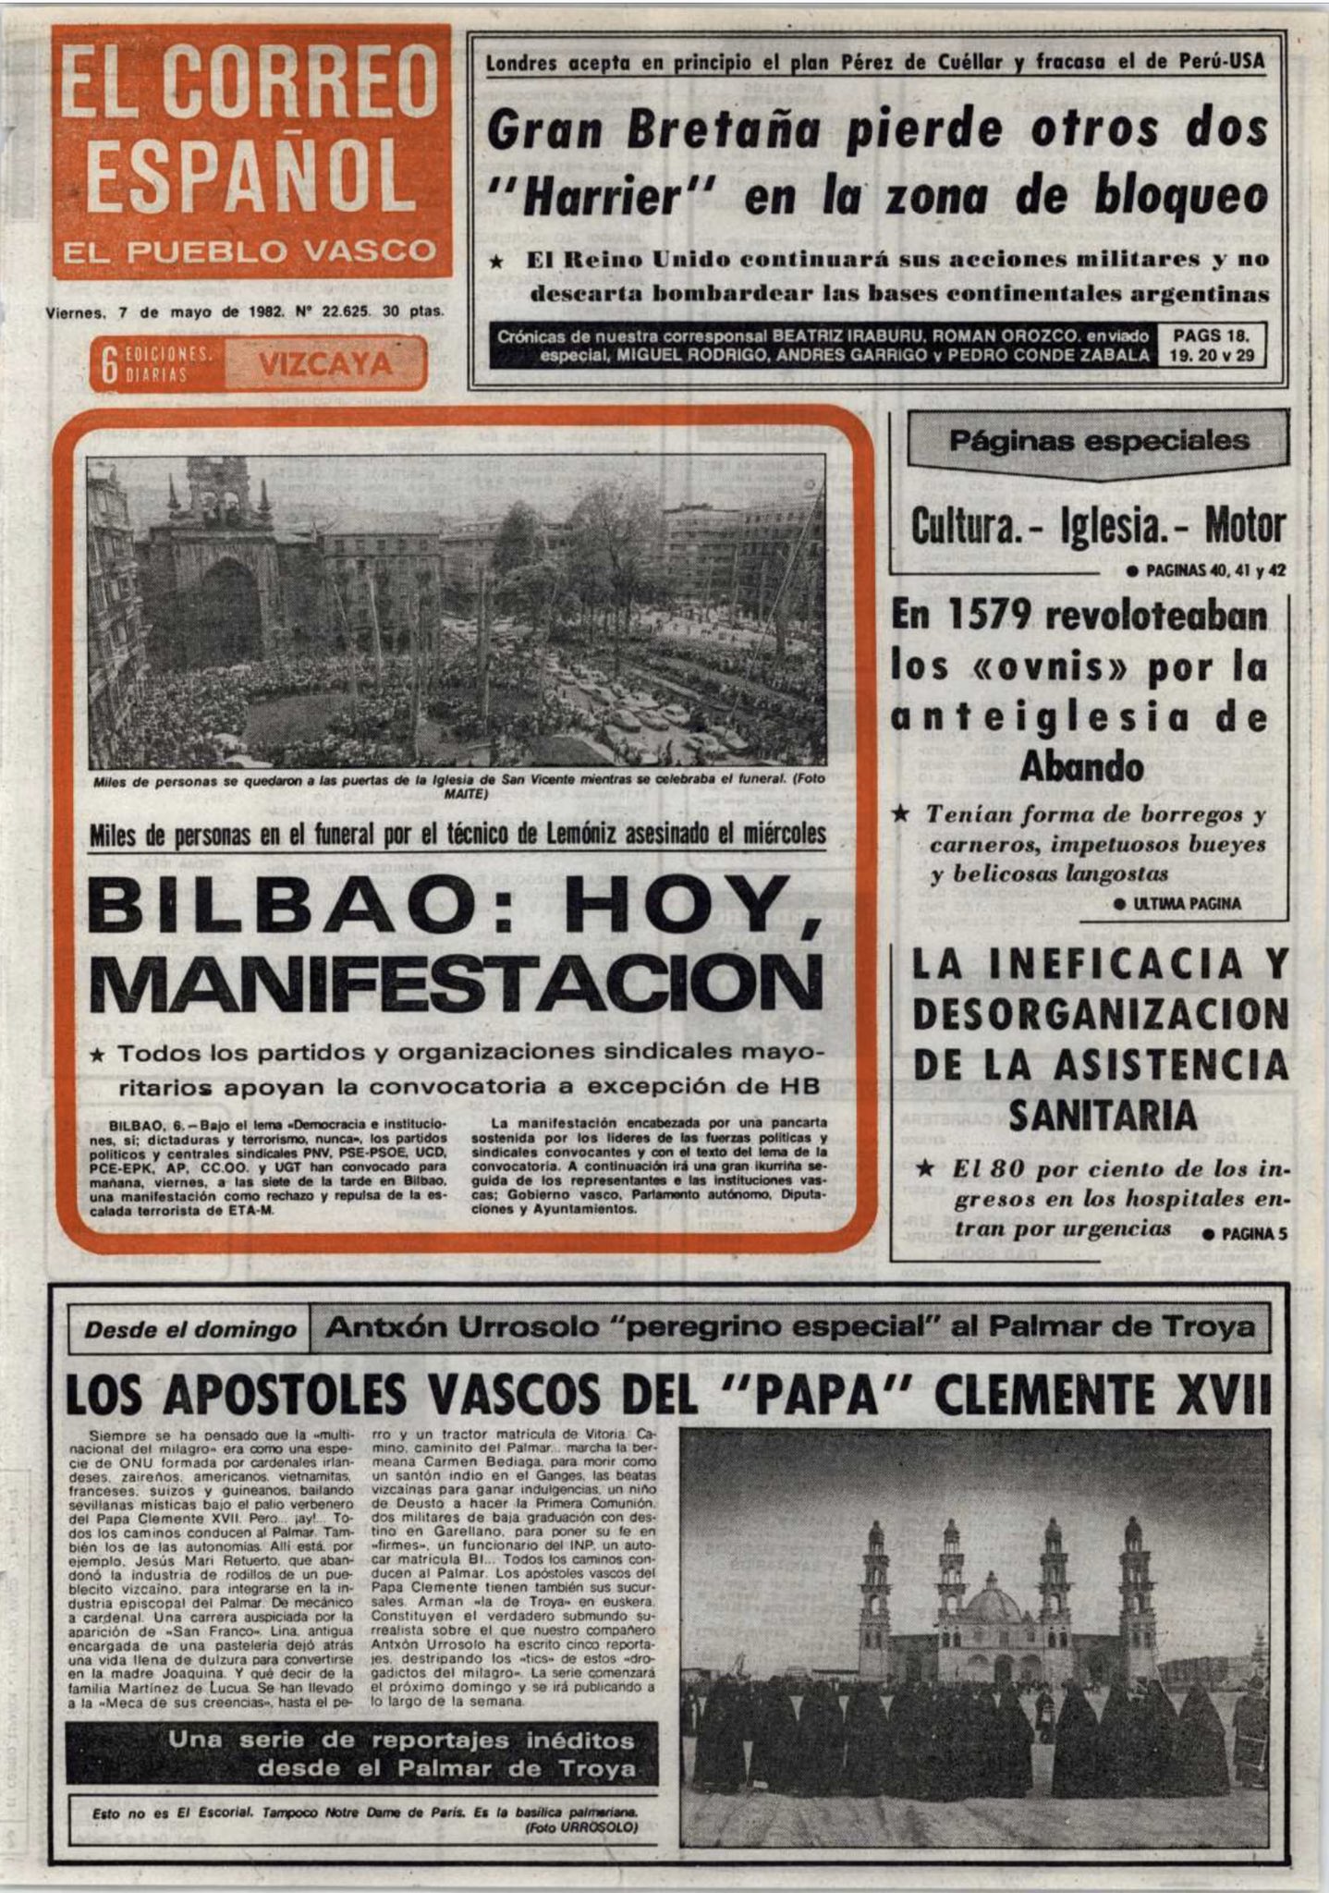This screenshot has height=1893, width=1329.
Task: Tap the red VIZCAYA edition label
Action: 325,364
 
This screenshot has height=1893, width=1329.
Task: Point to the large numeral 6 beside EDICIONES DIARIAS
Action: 108,365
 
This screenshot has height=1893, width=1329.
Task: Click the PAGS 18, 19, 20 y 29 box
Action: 1213,346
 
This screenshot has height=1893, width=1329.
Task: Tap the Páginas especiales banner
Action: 1098,441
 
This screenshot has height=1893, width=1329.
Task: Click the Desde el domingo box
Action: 190,1330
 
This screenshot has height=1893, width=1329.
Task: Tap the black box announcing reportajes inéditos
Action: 362,1754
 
